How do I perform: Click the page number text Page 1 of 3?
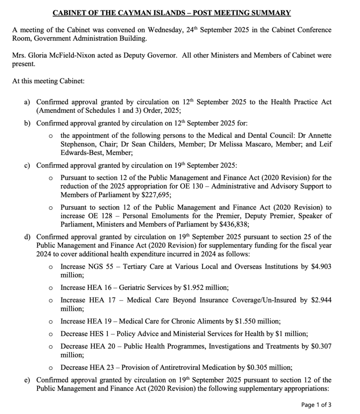pos(316,404)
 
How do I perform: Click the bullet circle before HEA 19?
pos(51,322)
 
